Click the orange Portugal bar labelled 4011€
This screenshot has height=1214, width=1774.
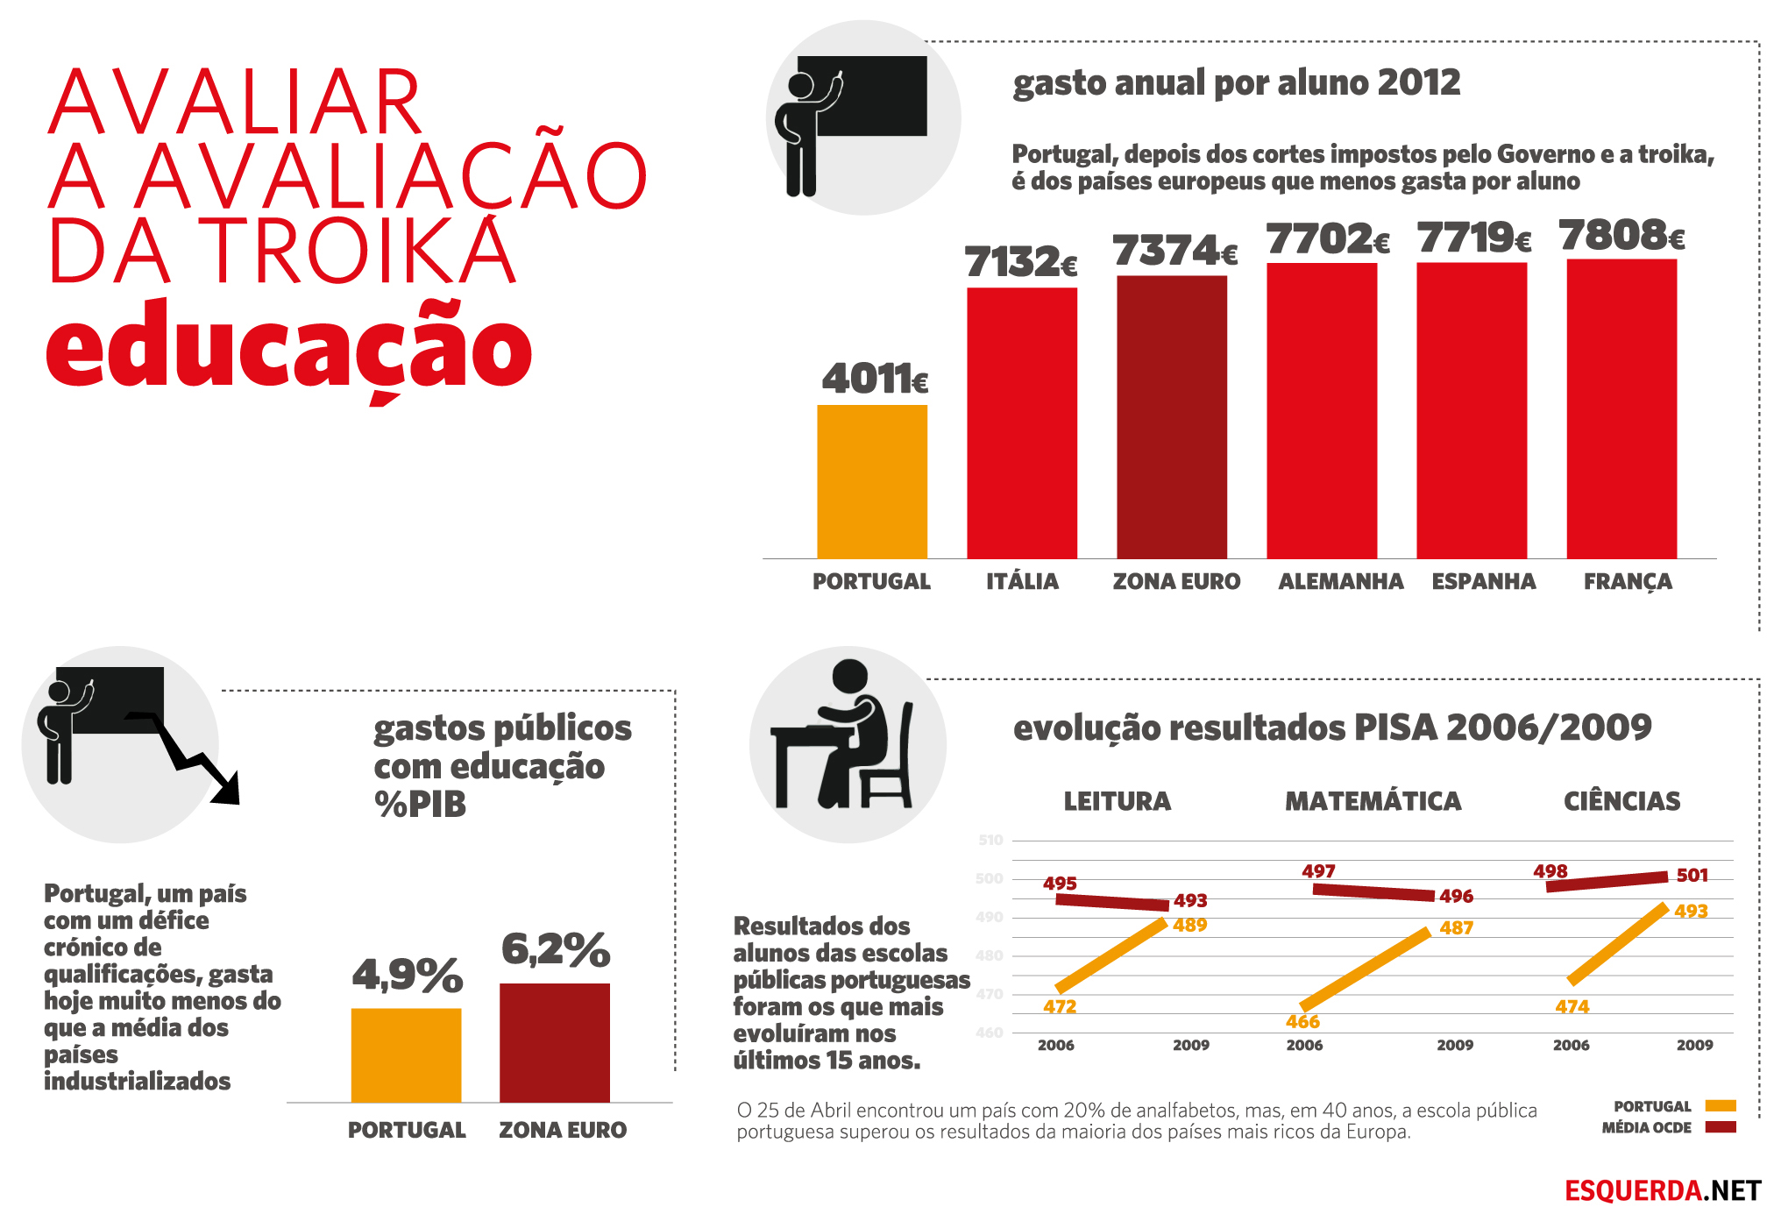coord(872,481)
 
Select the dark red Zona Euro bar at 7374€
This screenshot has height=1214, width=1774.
coord(1172,417)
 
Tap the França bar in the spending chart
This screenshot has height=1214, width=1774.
coord(1621,408)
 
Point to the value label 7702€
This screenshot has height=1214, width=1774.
coord(1328,239)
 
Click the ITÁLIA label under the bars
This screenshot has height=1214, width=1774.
coord(1022,581)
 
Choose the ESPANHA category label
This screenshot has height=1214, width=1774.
coord(1484,581)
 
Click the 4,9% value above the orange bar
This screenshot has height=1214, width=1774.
coord(408,975)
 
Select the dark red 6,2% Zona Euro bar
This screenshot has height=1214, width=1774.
coord(555,1042)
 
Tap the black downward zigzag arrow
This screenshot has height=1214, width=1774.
coord(185,756)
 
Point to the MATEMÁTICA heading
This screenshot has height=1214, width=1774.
coord(1373,801)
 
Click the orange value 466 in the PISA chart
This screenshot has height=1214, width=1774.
coord(1302,1022)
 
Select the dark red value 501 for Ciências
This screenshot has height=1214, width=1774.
coord(1692,875)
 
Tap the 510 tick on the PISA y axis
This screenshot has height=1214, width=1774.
coord(990,840)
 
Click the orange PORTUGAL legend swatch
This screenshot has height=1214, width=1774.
coord(1721,1105)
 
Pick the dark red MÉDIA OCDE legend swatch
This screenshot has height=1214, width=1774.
coord(1721,1126)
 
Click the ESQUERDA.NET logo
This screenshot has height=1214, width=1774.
coord(1663,1190)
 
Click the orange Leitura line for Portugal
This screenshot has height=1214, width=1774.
coord(1111,955)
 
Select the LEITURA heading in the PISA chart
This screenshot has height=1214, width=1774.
coord(1118,801)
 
